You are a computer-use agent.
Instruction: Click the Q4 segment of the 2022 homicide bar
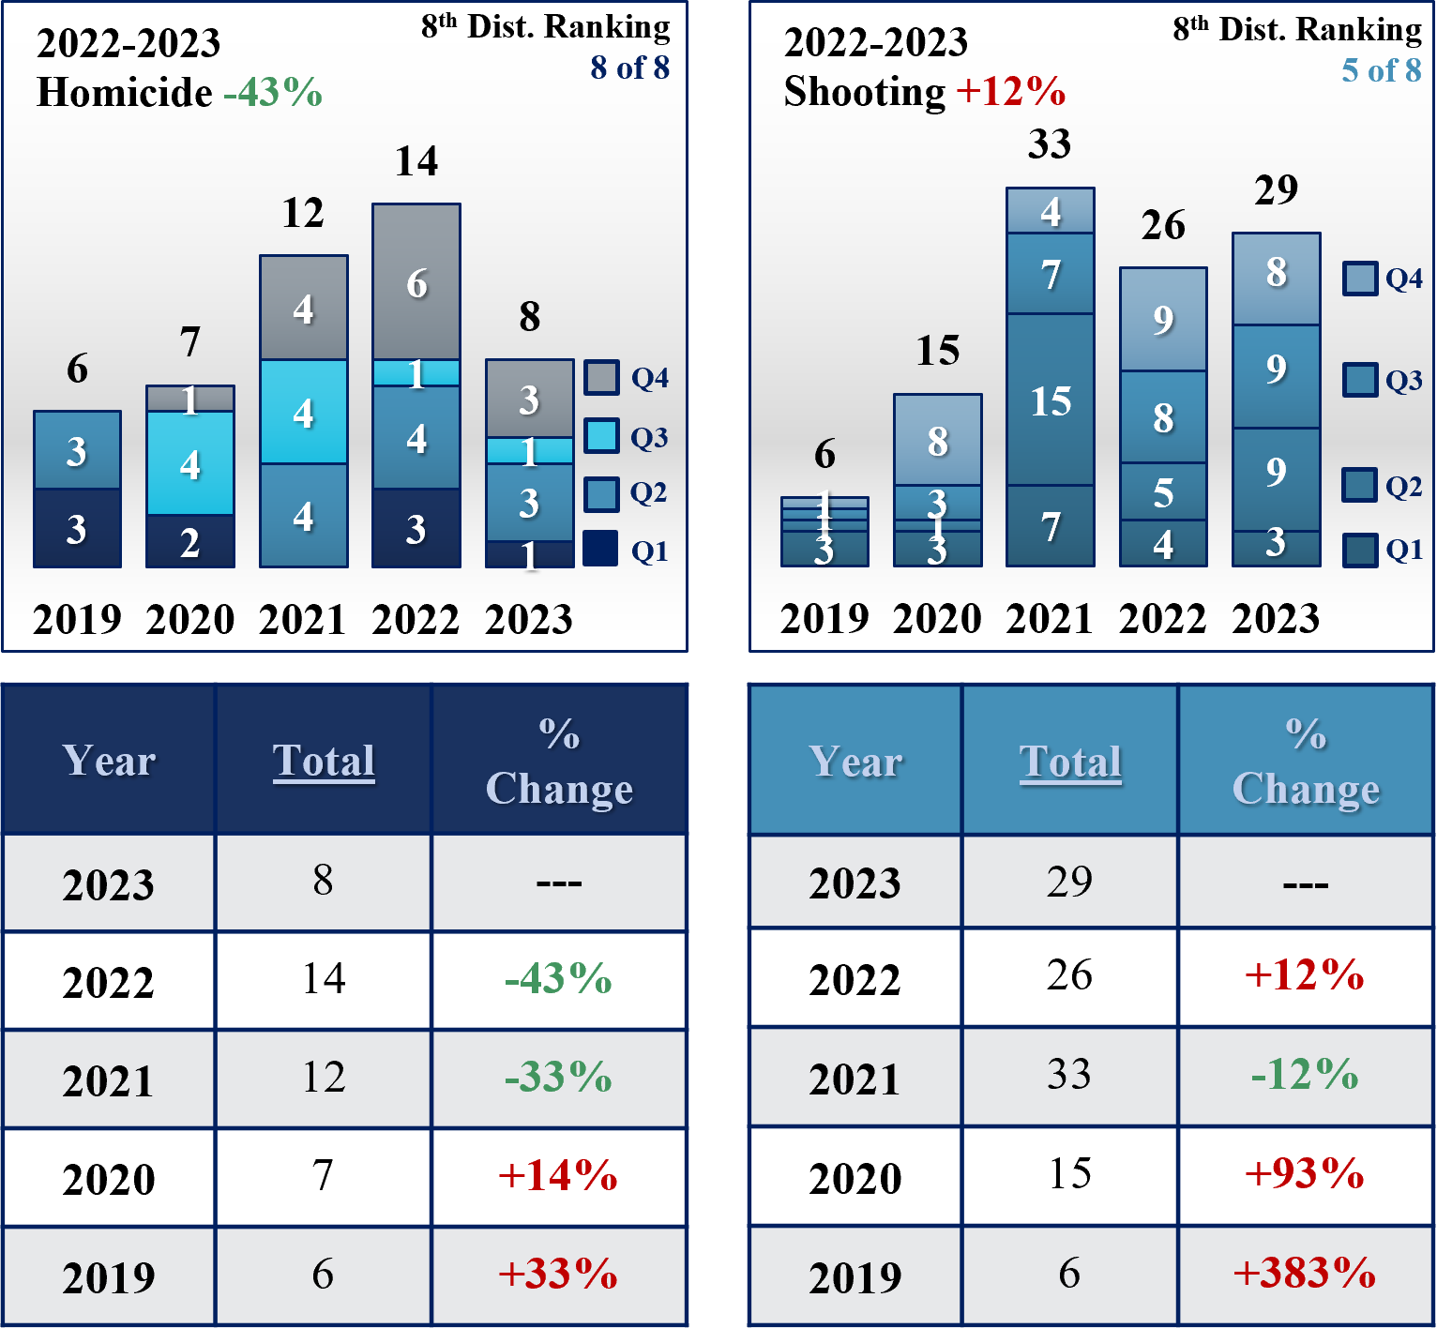point(416,282)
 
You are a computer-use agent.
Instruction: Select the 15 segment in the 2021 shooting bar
point(1050,400)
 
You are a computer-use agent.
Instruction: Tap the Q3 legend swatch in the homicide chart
point(601,436)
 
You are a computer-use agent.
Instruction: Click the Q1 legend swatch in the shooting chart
point(1359,551)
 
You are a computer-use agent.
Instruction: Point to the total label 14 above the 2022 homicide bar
point(416,161)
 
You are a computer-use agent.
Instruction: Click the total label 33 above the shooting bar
point(1049,144)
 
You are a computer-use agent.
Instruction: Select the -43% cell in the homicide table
point(558,979)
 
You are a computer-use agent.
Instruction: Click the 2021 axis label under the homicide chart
point(303,619)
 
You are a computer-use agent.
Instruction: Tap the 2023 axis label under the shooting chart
point(1276,619)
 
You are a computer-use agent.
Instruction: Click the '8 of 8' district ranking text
point(629,68)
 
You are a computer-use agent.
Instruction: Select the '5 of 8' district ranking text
point(1381,70)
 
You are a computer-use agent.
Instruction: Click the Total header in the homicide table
point(324,761)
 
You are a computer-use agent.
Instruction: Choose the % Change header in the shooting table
point(1306,762)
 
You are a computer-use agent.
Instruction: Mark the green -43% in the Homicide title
point(273,93)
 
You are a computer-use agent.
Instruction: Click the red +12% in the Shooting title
point(1010,92)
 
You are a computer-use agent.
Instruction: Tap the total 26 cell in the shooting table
point(1069,975)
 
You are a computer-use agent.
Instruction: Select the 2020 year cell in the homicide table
point(109,1178)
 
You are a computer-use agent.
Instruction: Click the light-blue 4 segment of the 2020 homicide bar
point(190,463)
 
